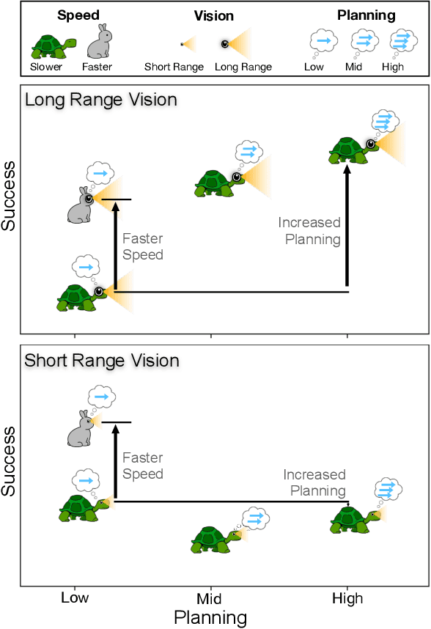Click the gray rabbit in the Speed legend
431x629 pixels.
(98, 42)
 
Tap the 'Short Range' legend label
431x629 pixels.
(174, 67)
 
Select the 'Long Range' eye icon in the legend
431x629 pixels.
(225, 44)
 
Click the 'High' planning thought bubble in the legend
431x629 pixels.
(402, 43)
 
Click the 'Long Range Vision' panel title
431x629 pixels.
(101, 100)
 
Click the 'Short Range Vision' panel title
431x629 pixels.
(102, 361)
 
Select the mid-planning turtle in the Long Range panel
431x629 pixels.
(215, 183)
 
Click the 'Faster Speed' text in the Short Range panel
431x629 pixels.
(143, 466)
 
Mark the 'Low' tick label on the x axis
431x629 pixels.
(75, 597)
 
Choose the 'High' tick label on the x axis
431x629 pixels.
(347, 598)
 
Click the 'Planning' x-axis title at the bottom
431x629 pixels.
(210, 617)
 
